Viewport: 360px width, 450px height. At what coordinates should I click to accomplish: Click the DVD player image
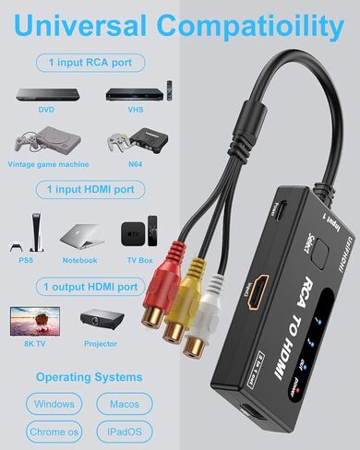[x=39, y=94]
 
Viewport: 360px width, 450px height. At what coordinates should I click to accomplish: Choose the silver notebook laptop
[x=79, y=235]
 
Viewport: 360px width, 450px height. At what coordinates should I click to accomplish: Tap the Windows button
[x=54, y=404]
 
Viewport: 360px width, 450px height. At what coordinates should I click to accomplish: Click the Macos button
[x=124, y=404]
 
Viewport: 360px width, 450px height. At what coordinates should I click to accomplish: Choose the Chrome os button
[x=54, y=432]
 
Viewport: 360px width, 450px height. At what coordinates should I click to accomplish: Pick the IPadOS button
[x=124, y=432]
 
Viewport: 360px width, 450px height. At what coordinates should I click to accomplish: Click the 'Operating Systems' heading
[x=89, y=376]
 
